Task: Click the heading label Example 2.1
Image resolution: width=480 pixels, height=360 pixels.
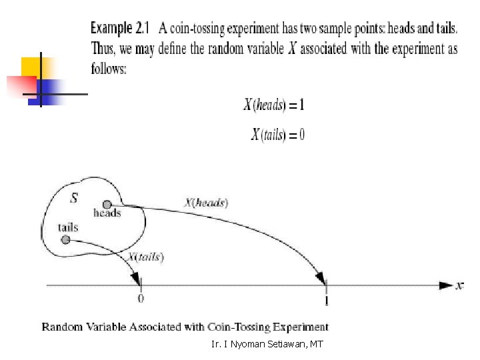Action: pyautogui.click(x=121, y=29)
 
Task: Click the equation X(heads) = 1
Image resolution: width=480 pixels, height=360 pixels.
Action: pyautogui.click(x=274, y=105)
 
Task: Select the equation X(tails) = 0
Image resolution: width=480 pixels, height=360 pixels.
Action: pyautogui.click(x=278, y=135)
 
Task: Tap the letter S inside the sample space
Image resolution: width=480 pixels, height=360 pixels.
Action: pyautogui.click(x=75, y=197)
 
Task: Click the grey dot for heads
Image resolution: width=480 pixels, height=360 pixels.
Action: pyautogui.click(x=106, y=204)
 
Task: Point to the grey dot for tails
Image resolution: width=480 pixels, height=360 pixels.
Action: pyautogui.click(x=65, y=239)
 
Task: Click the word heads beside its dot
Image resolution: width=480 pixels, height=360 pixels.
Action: pyautogui.click(x=107, y=214)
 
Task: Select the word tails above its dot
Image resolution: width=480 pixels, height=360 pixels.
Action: pyautogui.click(x=68, y=227)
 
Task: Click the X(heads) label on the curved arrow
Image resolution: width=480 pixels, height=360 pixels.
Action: pyautogui.click(x=206, y=202)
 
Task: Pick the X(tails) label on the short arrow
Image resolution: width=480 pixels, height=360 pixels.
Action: pyautogui.click(x=146, y=257)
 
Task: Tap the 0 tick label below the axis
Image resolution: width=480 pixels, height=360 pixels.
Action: pyautogui.click(x=141, y=299)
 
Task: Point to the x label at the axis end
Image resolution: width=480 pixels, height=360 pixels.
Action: pyautogui.click(x=459, y=285)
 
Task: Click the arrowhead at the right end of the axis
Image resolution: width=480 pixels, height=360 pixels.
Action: pyautogui.click(x=445, y=285)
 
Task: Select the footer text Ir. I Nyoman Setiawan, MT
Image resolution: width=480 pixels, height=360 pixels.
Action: pyautogui.click(x=267, y=345)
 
